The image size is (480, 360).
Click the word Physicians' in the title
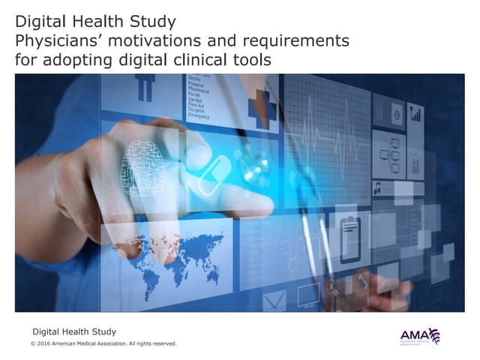click(x=55, y=39)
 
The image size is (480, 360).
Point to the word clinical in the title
click(x=202, y=58)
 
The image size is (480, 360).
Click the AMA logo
click(x=420, y=337)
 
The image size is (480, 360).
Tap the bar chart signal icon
click(x=415, y=114)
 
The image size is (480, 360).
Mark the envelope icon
click(x=274, y=300)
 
